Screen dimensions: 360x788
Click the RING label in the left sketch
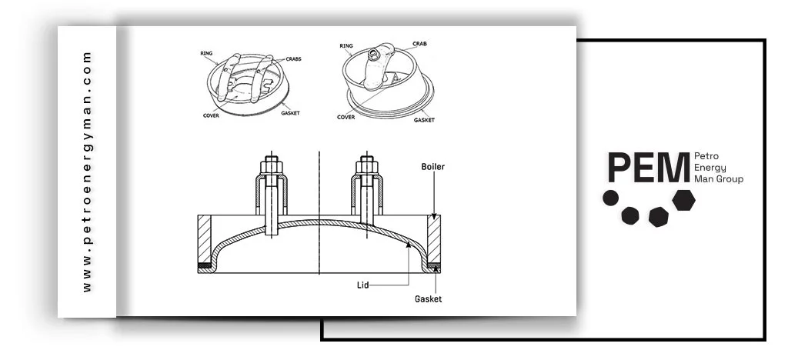[x=206, y=54]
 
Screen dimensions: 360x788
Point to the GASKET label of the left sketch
[x=290, y=113]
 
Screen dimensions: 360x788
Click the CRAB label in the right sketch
[x=419, y=44]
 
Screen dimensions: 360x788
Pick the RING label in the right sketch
[x=346, y=46]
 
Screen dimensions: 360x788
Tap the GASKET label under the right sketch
[x=424, y=120]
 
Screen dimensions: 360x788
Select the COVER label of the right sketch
[x=346, y=117]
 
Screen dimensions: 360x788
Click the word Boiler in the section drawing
[x=432, y=166]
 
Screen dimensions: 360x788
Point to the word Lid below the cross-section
[x=363, y=285]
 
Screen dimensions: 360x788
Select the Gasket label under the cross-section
[x=429, y=298]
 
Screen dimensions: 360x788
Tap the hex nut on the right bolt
[x=366, y=165]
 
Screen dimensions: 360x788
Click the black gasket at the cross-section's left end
[x=205, y=267]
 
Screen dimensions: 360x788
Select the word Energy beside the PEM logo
[x=709, y=167]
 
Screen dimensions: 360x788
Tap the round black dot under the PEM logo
[x=610, y=198]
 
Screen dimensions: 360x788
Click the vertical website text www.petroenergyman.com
[x=87, y=171]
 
